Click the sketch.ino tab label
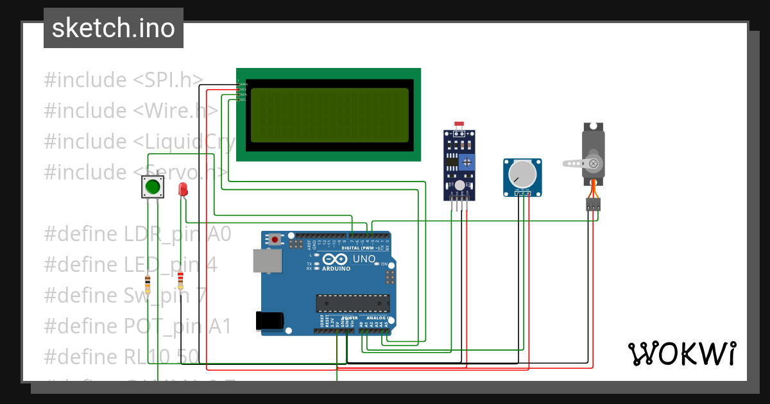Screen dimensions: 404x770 pos(113,28)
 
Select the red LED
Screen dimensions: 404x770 pos(183,190)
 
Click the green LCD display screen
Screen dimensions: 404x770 pos(329,115)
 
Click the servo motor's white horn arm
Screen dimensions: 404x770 pos(577,164)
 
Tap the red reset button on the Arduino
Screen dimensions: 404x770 pos(275,239)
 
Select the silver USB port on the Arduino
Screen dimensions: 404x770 pos(266,260)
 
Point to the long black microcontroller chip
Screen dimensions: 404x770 pos(352,303)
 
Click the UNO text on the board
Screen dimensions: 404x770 pos(364,260)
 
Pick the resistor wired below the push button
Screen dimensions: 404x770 pos(148,284)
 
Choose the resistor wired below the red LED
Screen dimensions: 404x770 pos(180,280)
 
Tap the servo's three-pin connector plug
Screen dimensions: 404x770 pos(593,205)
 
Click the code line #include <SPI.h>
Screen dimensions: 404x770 pos(123,80)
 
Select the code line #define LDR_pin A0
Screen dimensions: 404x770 pos(137,234)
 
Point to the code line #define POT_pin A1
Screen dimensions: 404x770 pos(137,326)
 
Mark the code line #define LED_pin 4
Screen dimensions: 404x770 pos(130,265)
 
